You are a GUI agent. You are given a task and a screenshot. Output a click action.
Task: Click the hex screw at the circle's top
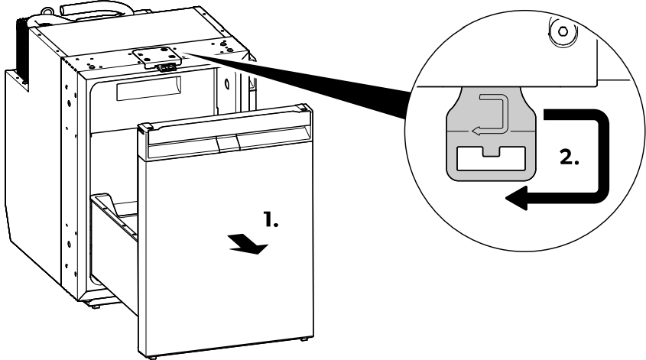563,34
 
